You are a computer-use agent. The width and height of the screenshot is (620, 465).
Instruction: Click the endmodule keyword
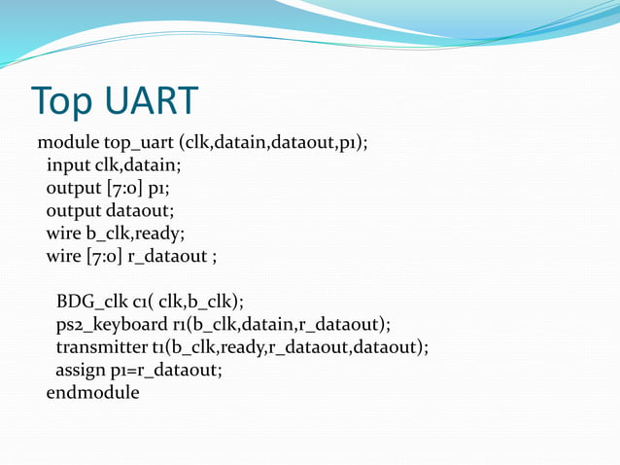(92, 393)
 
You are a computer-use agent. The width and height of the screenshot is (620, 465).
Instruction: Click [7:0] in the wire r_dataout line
(105, 257)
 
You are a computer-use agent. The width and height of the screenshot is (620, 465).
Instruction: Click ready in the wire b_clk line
(159, 233)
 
